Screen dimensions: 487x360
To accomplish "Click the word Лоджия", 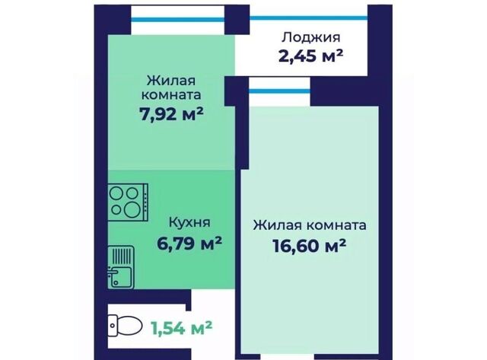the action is point(311,38).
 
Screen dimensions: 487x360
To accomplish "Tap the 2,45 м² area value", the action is point(311,56).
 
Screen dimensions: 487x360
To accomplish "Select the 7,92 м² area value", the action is point(171,114).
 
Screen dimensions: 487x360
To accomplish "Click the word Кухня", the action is point(189,223).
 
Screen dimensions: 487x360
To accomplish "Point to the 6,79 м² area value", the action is point(189,244).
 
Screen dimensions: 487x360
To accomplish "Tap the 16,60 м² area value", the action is point(310,246).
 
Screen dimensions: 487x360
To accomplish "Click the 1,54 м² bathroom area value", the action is point(182,328).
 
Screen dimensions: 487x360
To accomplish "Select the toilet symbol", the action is point(123,326).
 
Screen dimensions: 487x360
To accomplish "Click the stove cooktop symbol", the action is point(128,202).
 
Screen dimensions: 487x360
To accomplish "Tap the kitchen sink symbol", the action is point(121,267).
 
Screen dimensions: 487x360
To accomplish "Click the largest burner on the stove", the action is point(133,211).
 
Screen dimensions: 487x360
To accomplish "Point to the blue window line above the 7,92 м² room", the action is point(177,20).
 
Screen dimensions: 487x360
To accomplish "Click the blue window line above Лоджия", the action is point(309,18).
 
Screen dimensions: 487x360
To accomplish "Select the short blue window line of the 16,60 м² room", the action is point(279,91).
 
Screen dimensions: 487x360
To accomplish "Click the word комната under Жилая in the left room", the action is point(171,94).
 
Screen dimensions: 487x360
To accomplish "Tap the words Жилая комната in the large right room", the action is point(310,225).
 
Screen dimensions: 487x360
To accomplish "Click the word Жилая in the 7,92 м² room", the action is point(171,81).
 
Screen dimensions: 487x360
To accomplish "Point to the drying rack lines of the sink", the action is point(122,256).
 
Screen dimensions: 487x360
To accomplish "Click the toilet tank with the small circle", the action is point(113,326).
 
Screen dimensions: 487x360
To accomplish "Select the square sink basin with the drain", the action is point(122,277).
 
